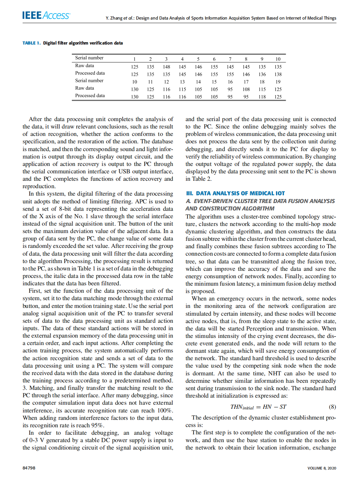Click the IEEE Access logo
coord(46,16)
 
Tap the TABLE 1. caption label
coord(31,43)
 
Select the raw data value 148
coord(166,67)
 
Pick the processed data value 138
coord(278,74)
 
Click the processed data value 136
coord(262,74)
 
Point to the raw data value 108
coord(246,89)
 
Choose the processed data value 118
coord(262,97)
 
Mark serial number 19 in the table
coord(278,82)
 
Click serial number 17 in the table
coord(246,82)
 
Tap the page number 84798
coord(29,468)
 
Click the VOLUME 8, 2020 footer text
coord(322,468)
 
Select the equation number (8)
coord(332,407)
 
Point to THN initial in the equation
coord(242,407)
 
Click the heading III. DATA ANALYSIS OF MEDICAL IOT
coord(235,193)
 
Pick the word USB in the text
coord(124,172)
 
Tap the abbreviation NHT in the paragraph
coord(274,373)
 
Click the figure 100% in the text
coord(165,410)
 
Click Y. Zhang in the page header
coord(114,18)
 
